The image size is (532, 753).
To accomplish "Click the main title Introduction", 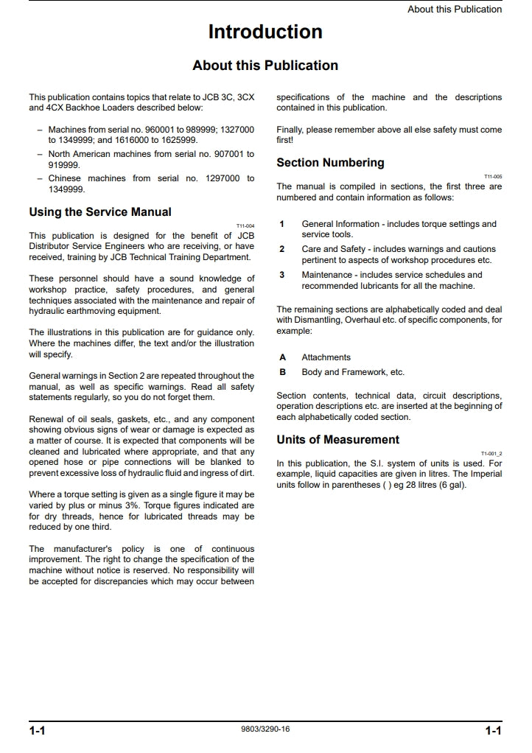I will click(x=265, y=32).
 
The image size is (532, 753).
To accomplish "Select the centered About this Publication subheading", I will click(x=265, y=66).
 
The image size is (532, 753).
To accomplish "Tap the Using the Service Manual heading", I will click(x=100, y=212).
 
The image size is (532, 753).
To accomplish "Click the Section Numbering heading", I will click(x=330, y=163).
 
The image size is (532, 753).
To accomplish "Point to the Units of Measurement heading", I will click(x=337, y=440).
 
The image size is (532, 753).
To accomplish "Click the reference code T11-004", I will click(x=245, y=226).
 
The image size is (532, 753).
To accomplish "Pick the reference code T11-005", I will click(x=493, y=177).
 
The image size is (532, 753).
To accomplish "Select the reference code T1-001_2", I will click(x=491, y=454).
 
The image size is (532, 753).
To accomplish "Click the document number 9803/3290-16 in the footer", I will click(x=265, y=729).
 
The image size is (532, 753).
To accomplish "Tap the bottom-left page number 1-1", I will click(x=38, y=731).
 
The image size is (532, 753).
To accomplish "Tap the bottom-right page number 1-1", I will click(x=493, y=731).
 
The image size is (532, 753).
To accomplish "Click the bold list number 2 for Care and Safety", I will click(x=281, y=249).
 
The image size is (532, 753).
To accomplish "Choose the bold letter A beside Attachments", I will click(x=282, y=357).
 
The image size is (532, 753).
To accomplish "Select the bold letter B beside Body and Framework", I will click(x=282, y=372).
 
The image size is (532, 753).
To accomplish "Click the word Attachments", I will click(x=326, y=357).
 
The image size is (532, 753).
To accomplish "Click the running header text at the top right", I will click(x=455, y=10).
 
